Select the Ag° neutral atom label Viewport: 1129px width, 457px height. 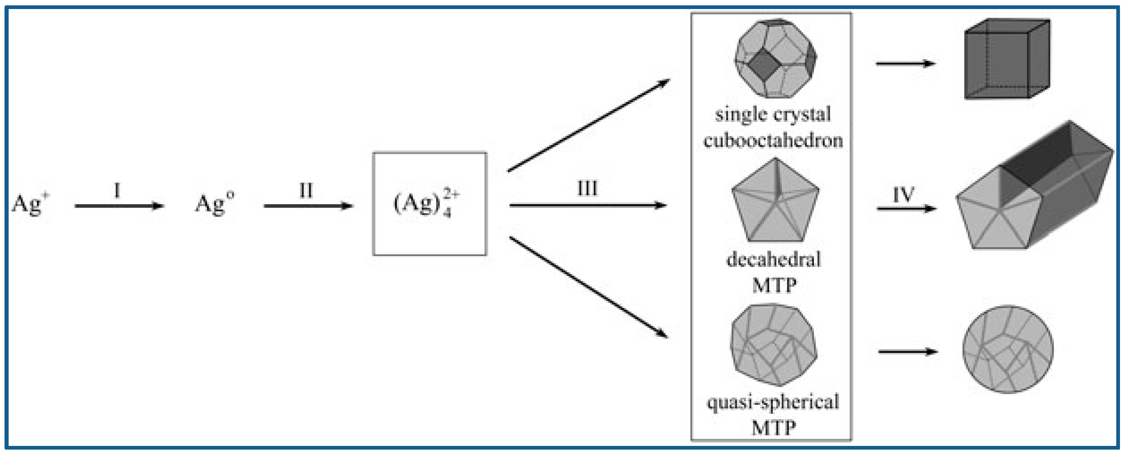(x=214, y=203)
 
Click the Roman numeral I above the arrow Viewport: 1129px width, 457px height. (x=117, y=190)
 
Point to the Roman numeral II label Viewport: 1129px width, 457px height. (x=306, y=190)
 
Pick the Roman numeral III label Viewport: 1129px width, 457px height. (x=587, y=189)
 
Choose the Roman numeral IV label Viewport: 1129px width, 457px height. (x=904, y=194)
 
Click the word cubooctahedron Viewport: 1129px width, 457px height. (x=773, y=140)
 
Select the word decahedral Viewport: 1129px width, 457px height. (x=774, y=259)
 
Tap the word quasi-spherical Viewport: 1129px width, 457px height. (x=773, y=402)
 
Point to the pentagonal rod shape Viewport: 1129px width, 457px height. (x=1035, y=189)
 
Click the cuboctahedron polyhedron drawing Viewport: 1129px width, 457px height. (x=775, y=58)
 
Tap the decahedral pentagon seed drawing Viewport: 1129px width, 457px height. (x=775, y=202)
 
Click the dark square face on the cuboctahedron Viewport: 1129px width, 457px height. (x=762, y=65)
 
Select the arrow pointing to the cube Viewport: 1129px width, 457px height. (x=906, y=64)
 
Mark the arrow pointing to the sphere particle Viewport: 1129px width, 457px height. (x=907, y=352)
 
